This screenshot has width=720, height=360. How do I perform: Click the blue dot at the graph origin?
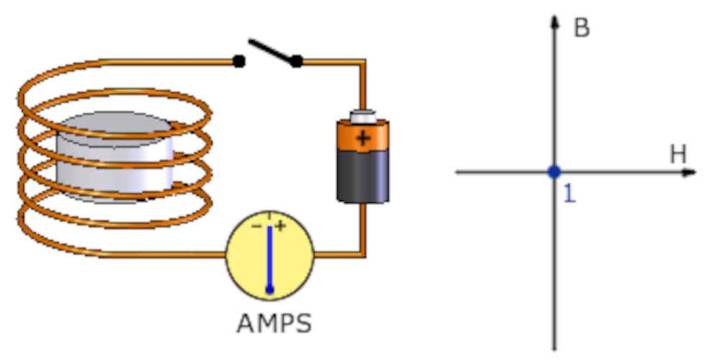point(554,172)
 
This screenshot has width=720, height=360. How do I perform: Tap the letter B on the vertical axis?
point(581,28)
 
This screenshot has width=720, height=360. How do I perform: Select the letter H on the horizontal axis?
point(678,153)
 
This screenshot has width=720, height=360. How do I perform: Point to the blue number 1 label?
point(569,194)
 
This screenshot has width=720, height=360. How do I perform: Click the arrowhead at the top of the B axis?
point(554,19)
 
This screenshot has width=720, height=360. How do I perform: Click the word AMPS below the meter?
point(274,323)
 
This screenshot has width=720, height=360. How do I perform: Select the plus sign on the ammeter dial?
point(280,225)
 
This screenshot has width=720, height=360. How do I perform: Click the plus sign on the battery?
point(363,138)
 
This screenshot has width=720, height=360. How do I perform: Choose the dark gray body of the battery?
point(363,176)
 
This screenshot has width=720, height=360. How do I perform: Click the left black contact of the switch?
point(239,62)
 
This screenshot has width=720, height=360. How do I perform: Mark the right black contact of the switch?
point(296,62)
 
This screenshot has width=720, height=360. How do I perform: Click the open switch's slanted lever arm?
point(271,51)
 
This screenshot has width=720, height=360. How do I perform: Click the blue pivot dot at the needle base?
point(270,289)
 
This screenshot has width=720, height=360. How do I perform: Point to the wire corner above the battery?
point(363,63)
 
